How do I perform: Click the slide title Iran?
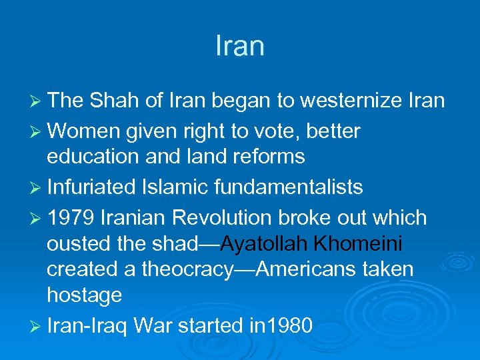(x=240, y=46)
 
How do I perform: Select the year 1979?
(x=69, y=218)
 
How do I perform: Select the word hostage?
(x=84, y=295)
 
